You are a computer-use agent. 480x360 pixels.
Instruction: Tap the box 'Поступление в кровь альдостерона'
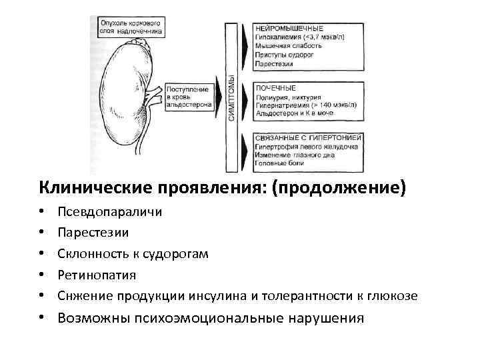(189, 97)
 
